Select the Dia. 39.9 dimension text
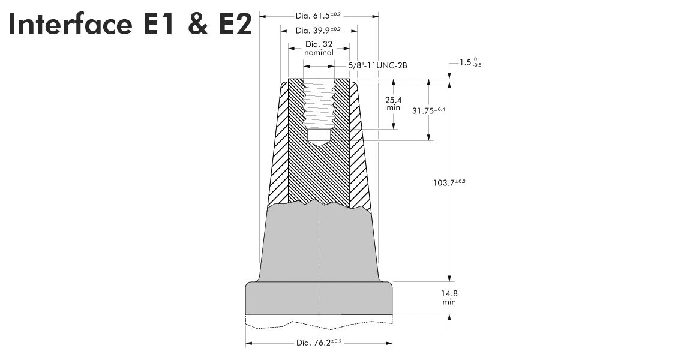tap(318, 30)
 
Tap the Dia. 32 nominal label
tap(319, 48)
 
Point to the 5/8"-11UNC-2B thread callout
tap(377, 65)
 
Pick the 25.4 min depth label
tap(393, 103)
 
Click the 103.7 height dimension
tap(449, 182)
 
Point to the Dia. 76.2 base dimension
tap(319, 343)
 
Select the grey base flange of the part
tap(319, 298)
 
